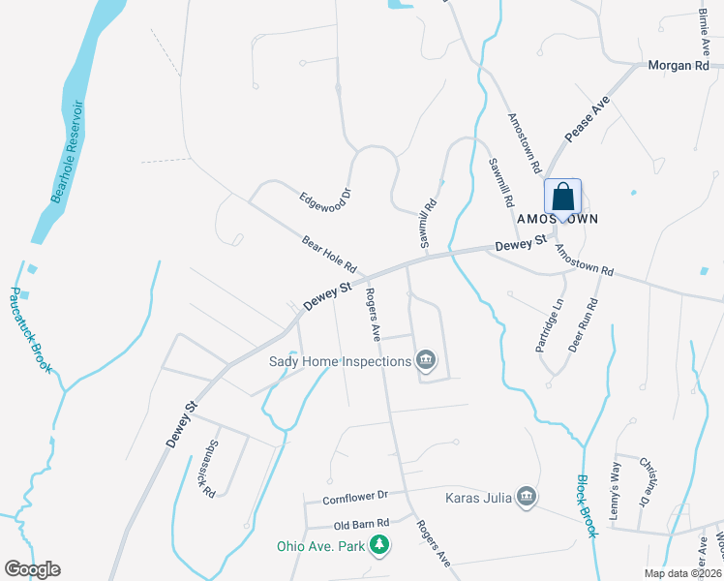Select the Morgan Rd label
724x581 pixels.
[x=686, y=66]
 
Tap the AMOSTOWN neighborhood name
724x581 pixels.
[x=557, y=219]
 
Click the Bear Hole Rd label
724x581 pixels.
[x=329, y=255]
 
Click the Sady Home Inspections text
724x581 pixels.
[x=340, y=361]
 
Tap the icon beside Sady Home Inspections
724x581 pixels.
[x=425, y=361]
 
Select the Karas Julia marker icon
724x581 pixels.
[x=526, y=498]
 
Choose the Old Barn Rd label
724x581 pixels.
[x=360, y=524]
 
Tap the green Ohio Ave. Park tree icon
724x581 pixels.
[x=381, y=546]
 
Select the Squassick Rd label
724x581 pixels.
[x=208, y=470]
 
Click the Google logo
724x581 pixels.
[x=33, y=569]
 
